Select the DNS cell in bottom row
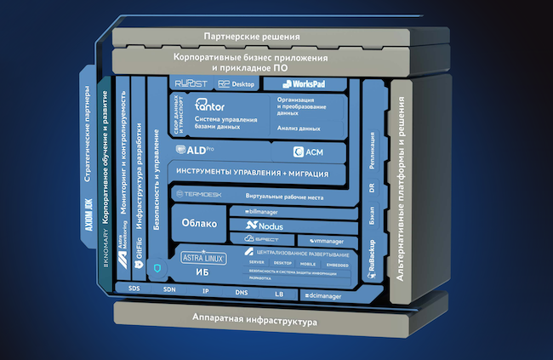click(x=242, y=292)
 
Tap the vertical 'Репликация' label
click(x=372, y=150)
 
